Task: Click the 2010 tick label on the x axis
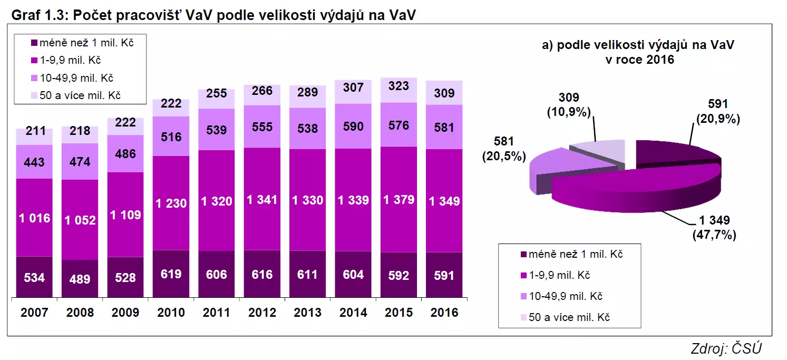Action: point(171,313)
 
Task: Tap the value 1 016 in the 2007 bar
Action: point(34,217)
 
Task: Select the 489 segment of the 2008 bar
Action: point(80,278)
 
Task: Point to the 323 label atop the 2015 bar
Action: point(399,86)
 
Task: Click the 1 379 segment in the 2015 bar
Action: point(399,200)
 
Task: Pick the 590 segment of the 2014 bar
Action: point(353,127)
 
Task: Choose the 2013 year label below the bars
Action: point(307,313)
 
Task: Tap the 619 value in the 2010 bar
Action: point(171,274)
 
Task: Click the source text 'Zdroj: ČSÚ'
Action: point(726,348)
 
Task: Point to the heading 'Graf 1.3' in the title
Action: point(37,16)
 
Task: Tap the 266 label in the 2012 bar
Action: point(262,91)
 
